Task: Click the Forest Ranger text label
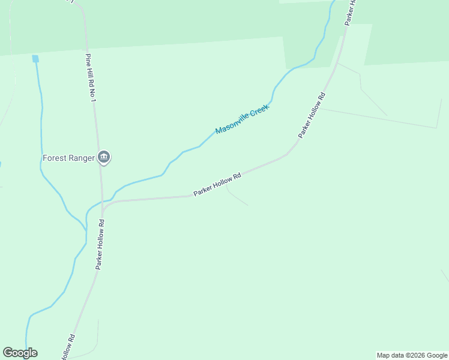68,158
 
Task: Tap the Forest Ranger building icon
104,158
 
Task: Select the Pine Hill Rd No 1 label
91,77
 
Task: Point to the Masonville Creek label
242,119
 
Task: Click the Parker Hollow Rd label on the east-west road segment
217,185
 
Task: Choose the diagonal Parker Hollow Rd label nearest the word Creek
312,116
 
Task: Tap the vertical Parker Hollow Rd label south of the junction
100,245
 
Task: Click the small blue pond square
35,58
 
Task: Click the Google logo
20,353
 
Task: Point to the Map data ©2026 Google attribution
412,355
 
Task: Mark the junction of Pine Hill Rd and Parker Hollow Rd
103,209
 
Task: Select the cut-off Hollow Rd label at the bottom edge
67,348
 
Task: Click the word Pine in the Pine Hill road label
88,60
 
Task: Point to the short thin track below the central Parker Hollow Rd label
237,199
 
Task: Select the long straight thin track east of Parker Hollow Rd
378,118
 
